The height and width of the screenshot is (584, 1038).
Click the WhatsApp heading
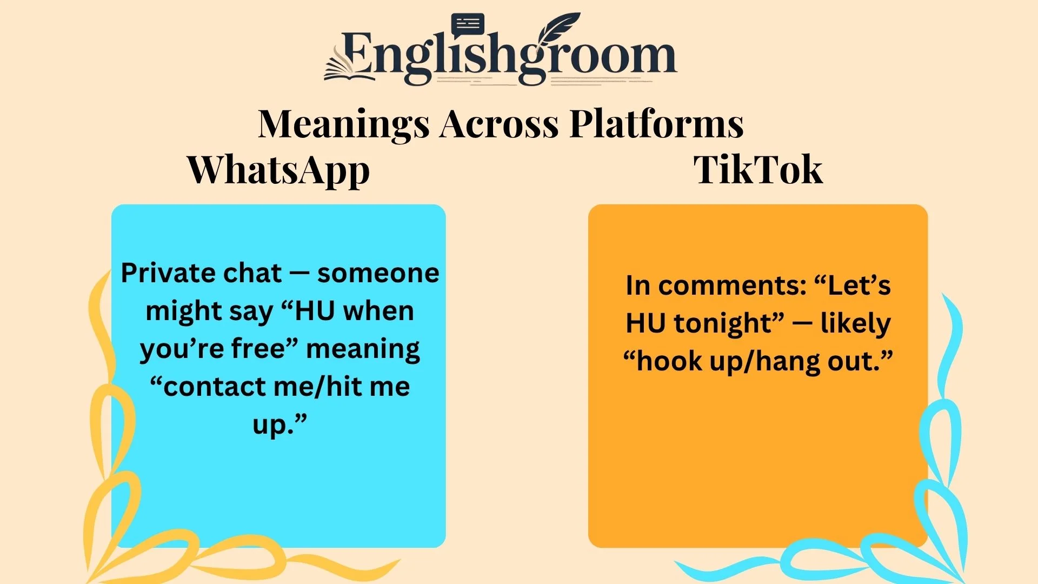[x=278, y=170]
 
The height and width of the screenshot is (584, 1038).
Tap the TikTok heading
[x=758, y=170]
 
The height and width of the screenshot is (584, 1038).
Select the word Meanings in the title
[x=344, y=124]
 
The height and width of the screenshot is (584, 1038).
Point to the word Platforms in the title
[x=656, y=124]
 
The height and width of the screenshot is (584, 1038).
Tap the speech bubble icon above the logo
[x=468, y=25]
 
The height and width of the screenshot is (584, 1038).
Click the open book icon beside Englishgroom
[x=346, y=68]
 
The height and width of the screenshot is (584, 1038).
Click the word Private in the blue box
[x=159, y=273]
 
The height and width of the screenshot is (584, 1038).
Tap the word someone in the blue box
[x=378, y=273]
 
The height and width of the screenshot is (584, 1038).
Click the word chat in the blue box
[x=252, y=273]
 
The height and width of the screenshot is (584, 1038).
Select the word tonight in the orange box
[x=724, y=323]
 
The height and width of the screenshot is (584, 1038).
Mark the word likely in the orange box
[x=855, y=323]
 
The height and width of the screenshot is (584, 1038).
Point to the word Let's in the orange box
[x=859, y=286]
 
